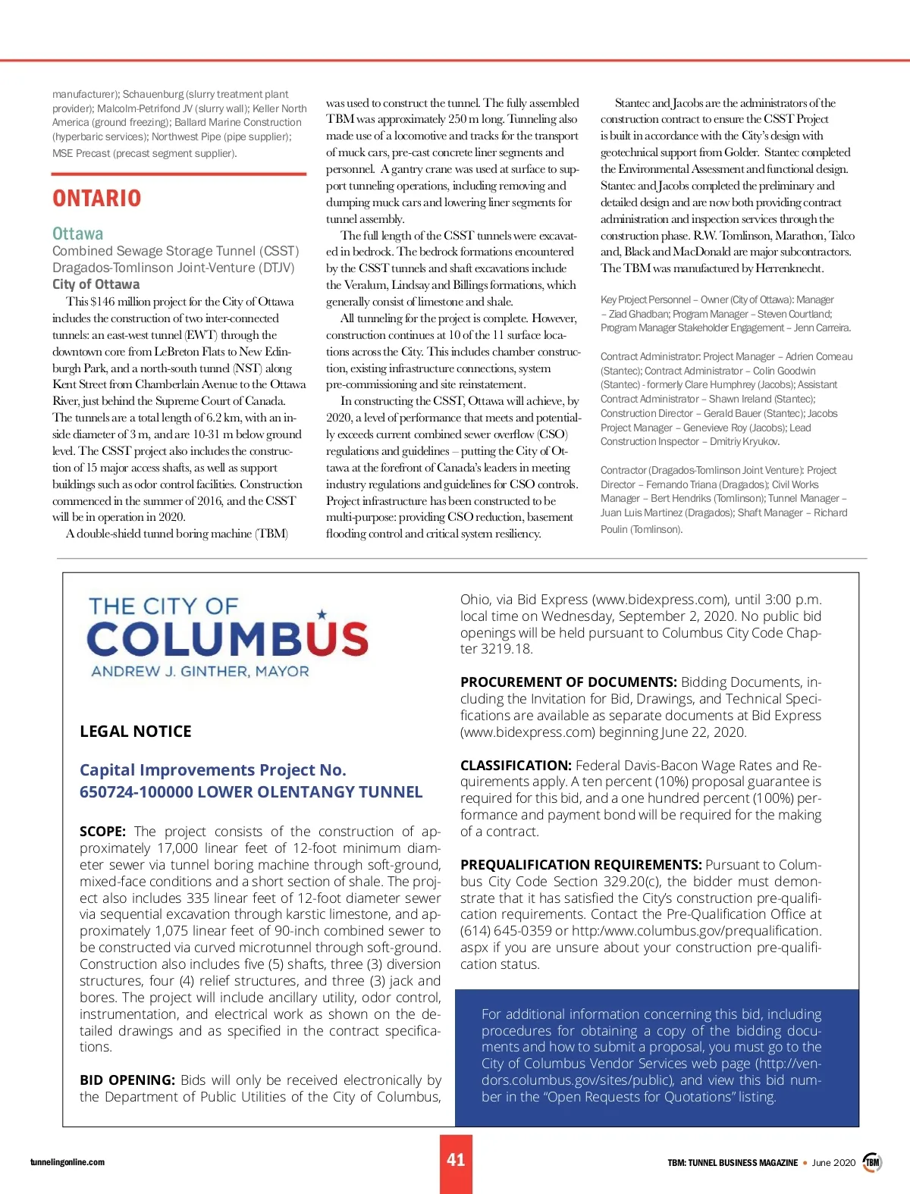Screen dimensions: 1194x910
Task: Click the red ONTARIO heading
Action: coord(96,199)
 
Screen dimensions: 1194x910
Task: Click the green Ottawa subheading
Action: coord(77,233)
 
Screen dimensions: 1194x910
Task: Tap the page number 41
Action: coord(456,1160)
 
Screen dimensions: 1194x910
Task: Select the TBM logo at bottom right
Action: coord(873,1162)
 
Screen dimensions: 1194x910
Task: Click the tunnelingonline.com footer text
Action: coord(67,1162)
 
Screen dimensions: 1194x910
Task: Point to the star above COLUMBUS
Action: coord(322,614)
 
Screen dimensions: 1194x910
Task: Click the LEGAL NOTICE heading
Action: coord(135,732)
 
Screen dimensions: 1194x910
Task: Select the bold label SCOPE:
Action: coord(102,832)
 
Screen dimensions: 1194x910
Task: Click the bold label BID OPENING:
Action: coord(127,1080)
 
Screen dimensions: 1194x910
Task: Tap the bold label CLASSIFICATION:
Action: coord(515,766)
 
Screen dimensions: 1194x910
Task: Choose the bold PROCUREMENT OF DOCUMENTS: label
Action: coord(568,682)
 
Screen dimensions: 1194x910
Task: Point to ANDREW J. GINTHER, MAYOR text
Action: coord(200,672)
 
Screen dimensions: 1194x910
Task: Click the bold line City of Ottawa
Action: coord(96,284)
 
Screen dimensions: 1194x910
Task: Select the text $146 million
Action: coord(116,302)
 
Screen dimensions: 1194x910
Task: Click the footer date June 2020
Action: coord(833,1162)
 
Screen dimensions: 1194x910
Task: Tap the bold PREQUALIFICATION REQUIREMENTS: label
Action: coord(580,865)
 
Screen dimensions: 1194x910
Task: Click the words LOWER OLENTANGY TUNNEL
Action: coord(309,792)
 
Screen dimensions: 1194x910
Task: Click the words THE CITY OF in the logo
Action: coord(163,606)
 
